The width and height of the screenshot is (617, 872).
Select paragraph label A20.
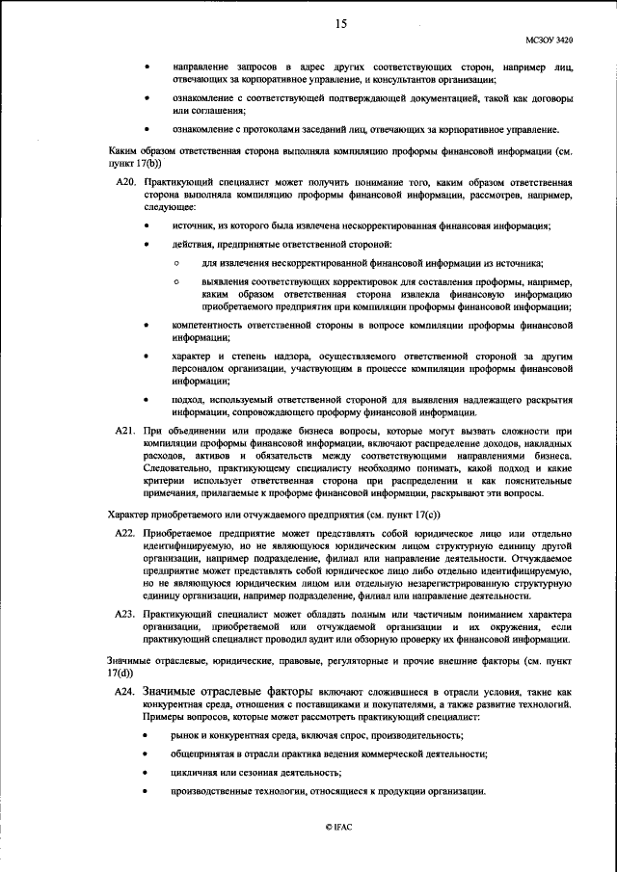coord(124,182)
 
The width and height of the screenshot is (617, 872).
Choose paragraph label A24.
coord(124,692)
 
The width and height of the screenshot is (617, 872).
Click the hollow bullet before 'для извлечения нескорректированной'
coord(177,263)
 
